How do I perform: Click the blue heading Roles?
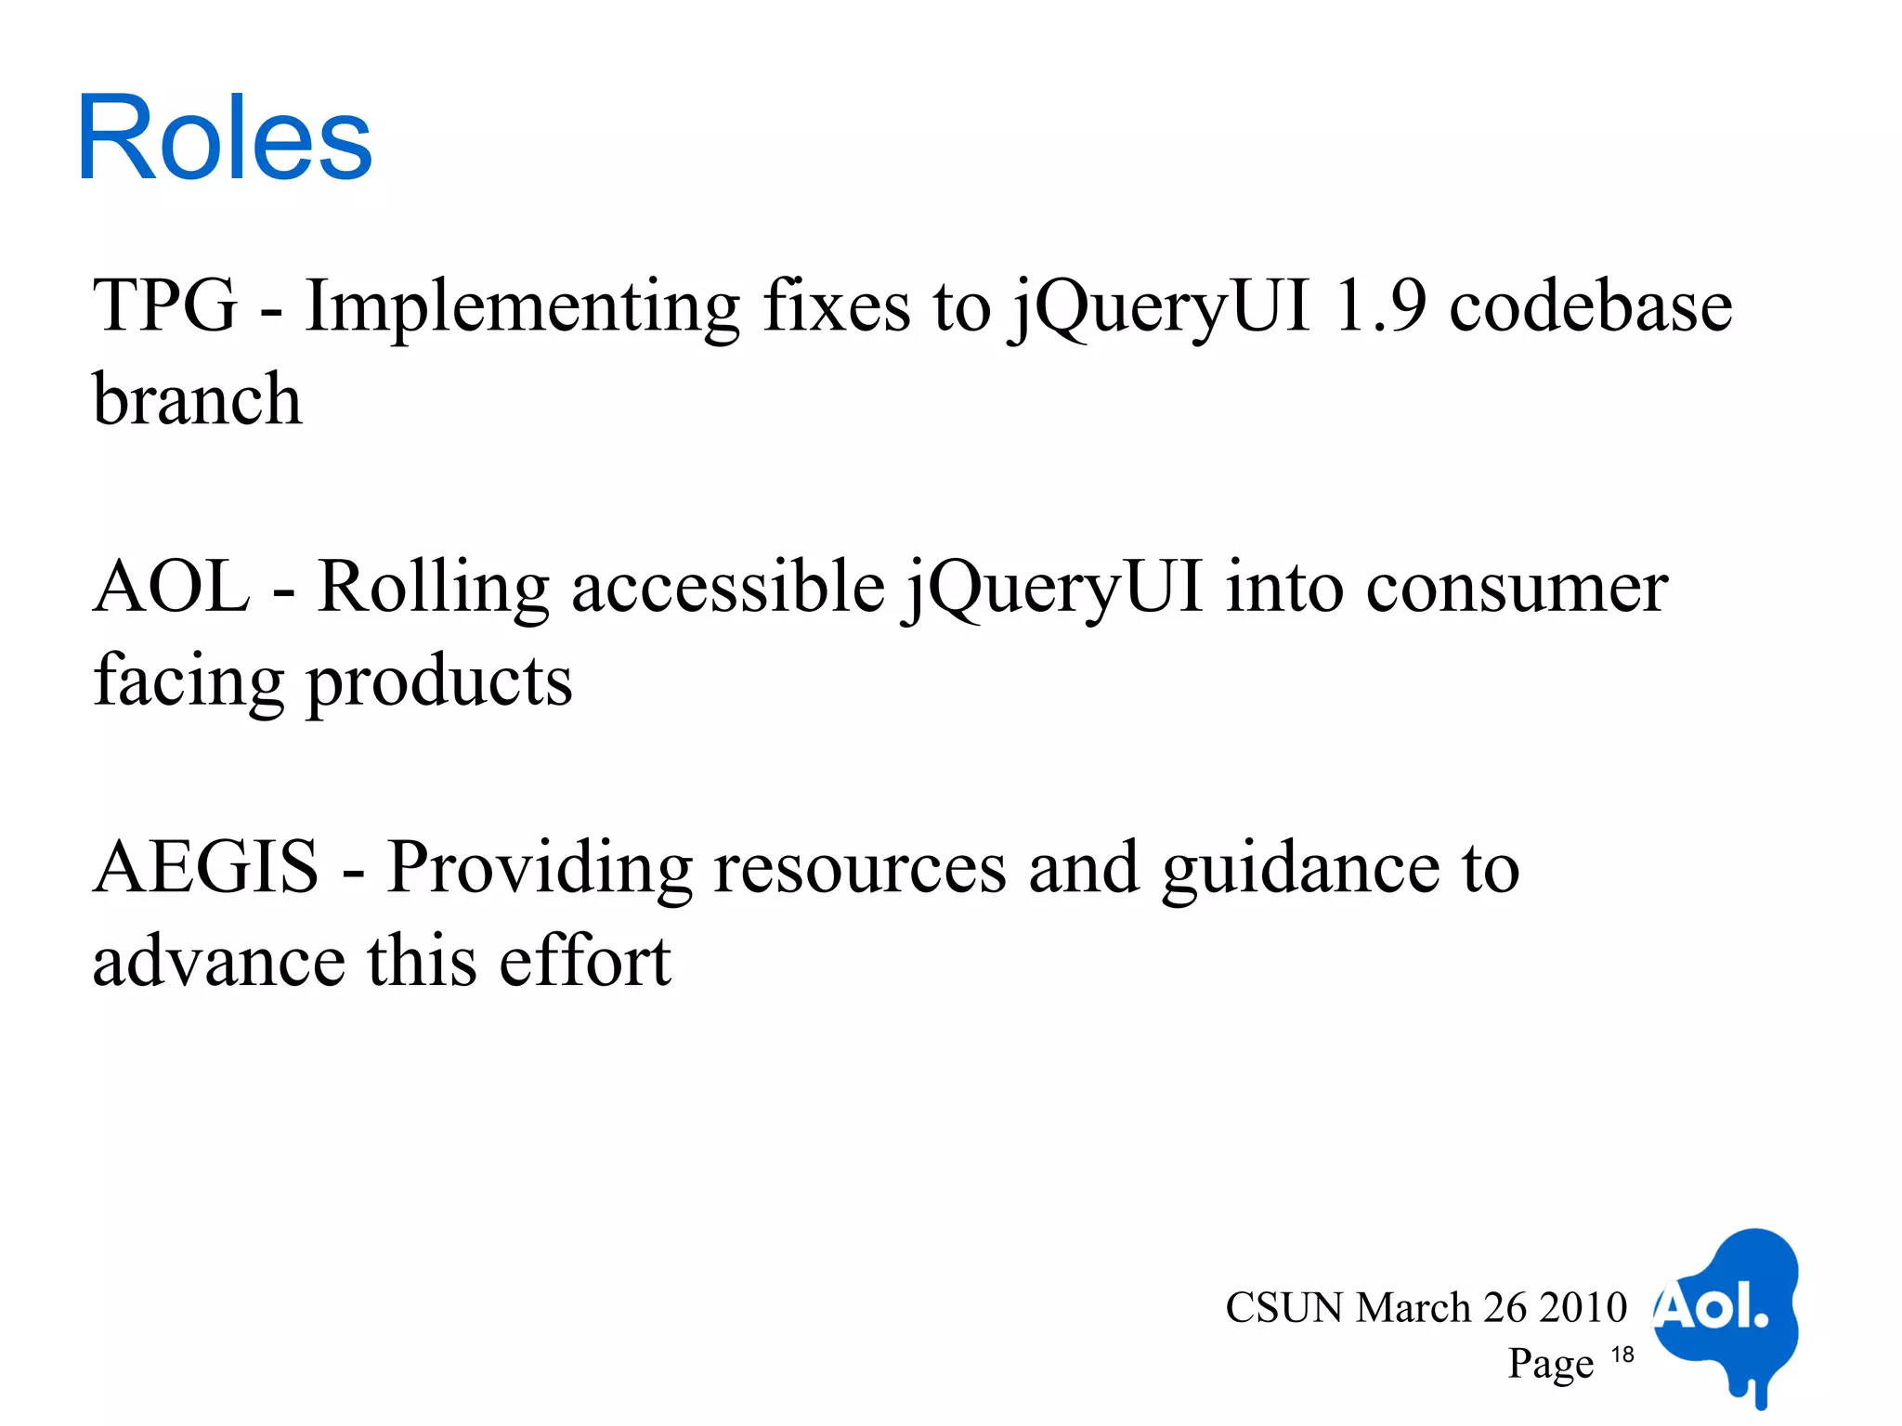224,139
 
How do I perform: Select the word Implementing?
522,308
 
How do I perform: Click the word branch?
197,399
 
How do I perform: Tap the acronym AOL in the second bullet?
172,587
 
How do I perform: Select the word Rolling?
433,589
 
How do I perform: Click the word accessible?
728,587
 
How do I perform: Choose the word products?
439,683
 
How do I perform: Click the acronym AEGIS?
206,867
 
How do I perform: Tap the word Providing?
540,871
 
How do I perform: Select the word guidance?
1300,871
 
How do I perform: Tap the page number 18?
1622,1355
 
